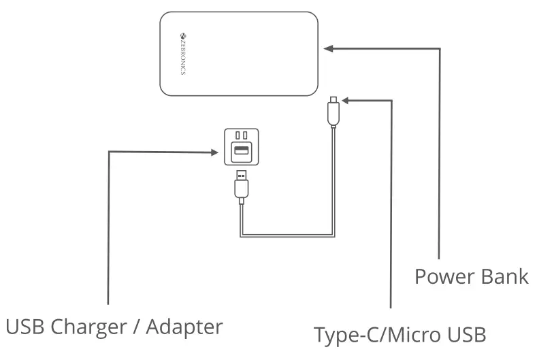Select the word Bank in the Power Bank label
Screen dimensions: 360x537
click(504, 277)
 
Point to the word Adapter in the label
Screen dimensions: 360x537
click(187, 327)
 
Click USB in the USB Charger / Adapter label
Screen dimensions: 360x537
click(26, 327)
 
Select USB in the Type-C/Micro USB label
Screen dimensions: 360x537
click(463, 335)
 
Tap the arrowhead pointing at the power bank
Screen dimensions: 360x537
click(328, 48)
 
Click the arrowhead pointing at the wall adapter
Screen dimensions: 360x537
click(214, 152)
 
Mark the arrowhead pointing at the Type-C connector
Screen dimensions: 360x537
click(344, 101)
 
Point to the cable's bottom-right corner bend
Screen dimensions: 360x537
click(333, 235)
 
